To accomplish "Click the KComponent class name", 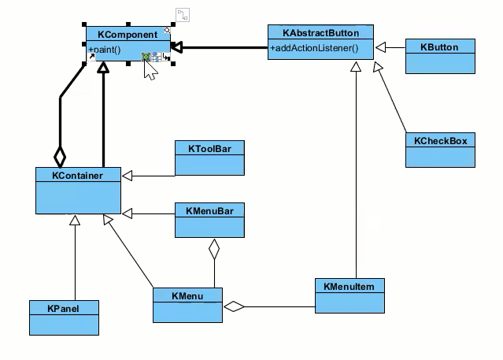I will [127, 35].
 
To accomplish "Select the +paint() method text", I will [105, 50].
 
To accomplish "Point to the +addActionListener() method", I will [313, 49].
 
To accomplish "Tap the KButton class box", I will [440, 57].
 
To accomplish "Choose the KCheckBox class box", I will [440, 150].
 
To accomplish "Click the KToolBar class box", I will [209, 158].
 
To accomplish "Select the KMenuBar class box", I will [209, 220].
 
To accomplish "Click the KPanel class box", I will [64, 317].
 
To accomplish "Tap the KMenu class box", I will [187, 305].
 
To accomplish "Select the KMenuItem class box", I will [349, 295].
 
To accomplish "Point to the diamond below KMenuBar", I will [211, 250].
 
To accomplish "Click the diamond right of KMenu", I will [234, 306].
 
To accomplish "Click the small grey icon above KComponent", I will [183, 14].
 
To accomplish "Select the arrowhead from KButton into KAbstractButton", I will [381, 48].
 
